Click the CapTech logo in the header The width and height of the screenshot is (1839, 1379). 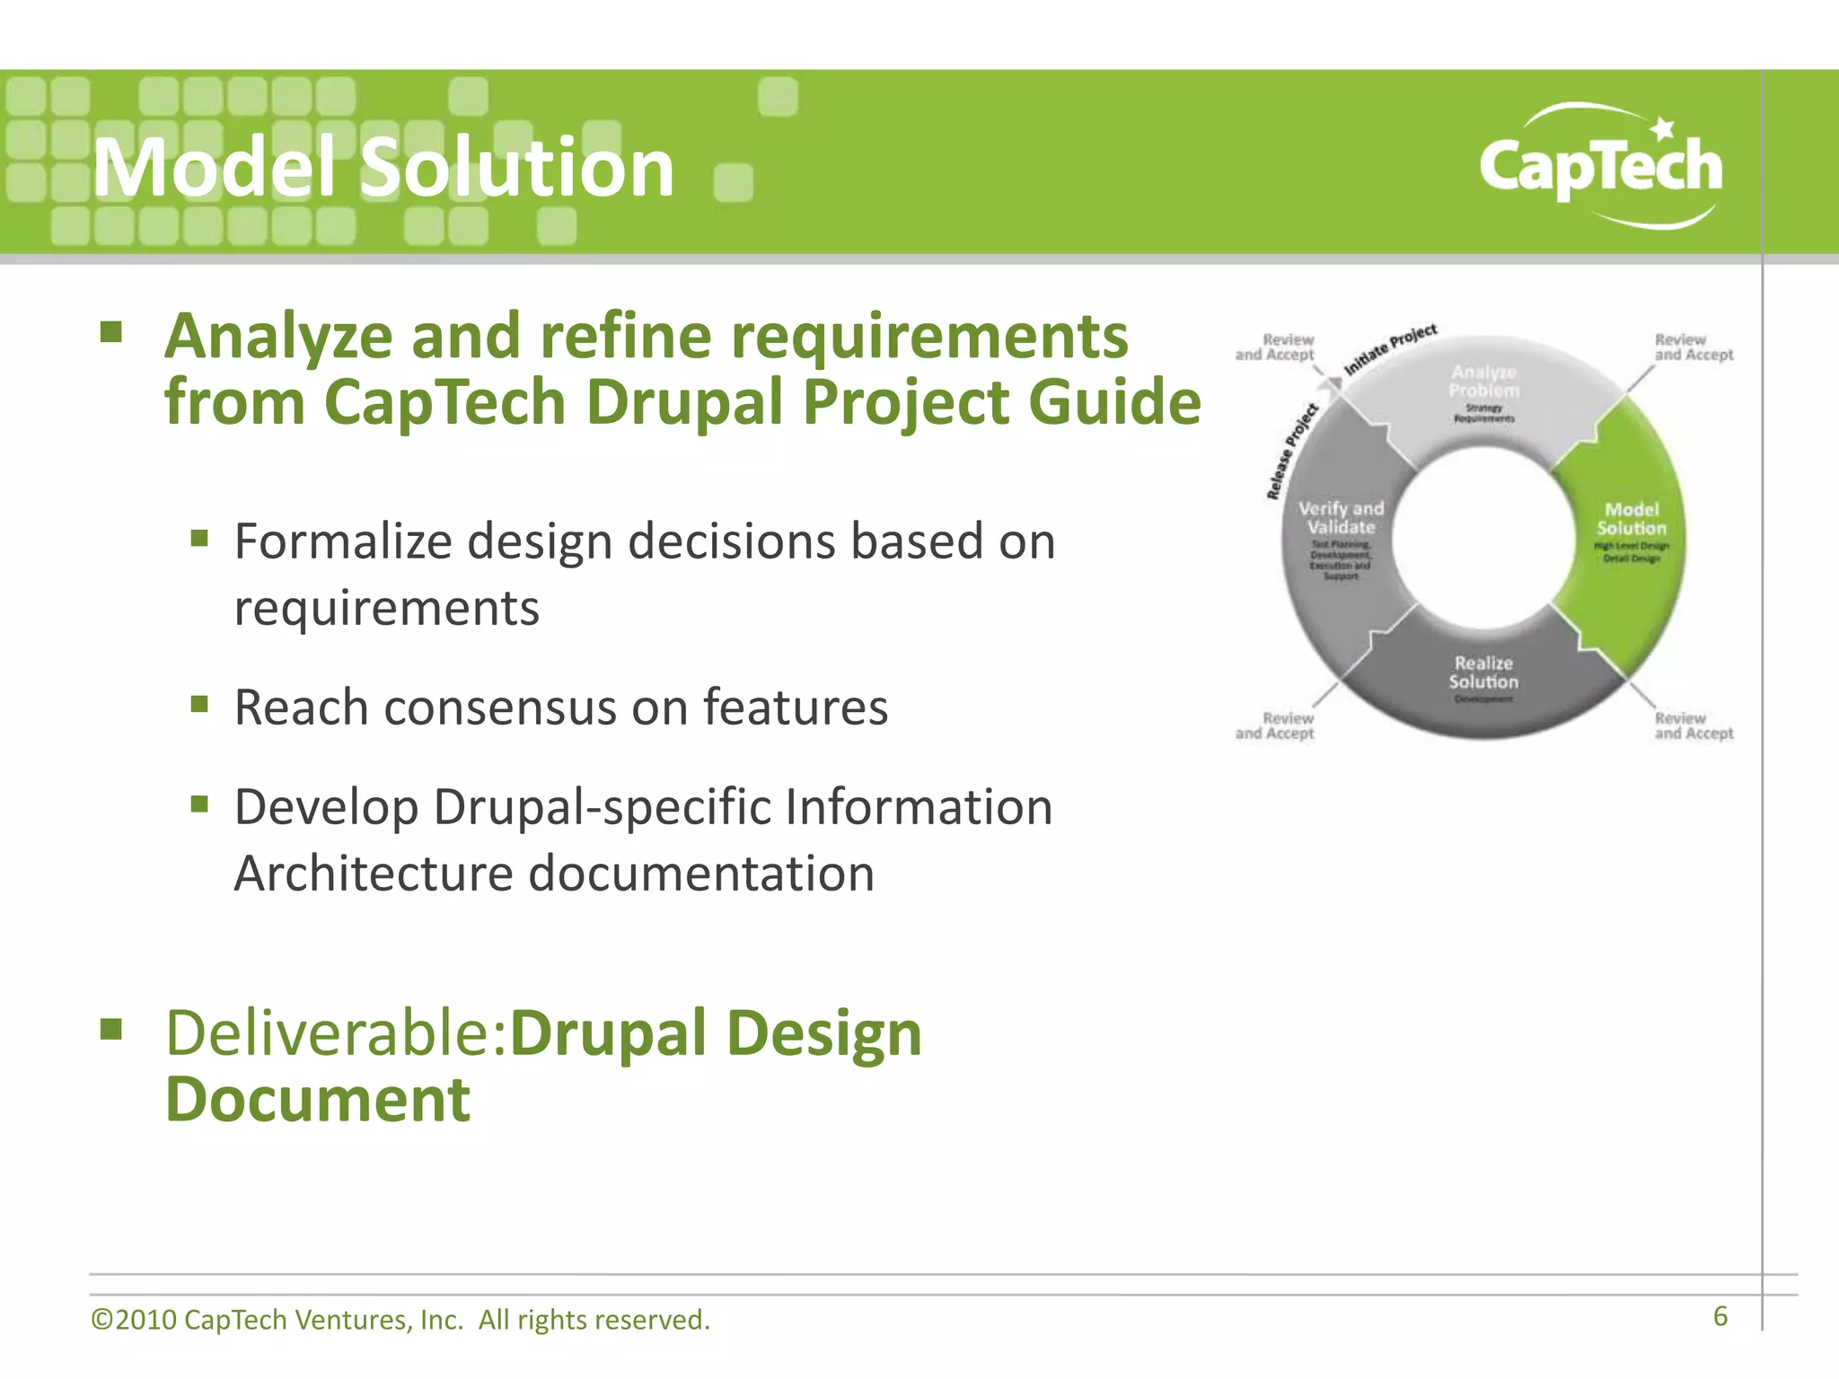pyautogui.click(x=1601, y=167)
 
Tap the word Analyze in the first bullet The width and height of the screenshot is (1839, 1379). pyautogui.click(x=278, y=337)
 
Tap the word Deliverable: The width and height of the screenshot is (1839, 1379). pyautogui.click(x=337, y=1033)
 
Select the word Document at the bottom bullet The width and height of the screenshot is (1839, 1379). pyautogui.click(x=318, y=1100)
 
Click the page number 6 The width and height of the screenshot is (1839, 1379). pyautogui.click(x=1720, y=1316)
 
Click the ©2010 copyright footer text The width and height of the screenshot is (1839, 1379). pyautogui.click(x=400, y=1320)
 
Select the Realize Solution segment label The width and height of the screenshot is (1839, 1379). pyautogui.click(x=1483, y=673)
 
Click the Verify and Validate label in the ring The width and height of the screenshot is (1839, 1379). pyautogui.click(x=1341, y=518)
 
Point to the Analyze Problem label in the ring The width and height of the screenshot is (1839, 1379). pyautogui.click(x=1483, y=382)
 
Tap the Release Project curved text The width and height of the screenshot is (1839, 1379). pyautogui.click(x=1291, y=452)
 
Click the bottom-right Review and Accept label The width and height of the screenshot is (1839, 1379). pyautogui.click(x=1694, y=725)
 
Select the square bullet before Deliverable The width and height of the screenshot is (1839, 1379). pyautogui.click(x=110, y=1028)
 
